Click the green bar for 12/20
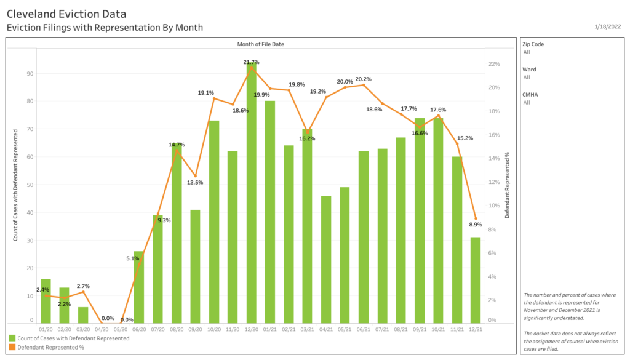(251, 197)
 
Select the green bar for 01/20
(46, 302)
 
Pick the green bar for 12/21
(475, 280)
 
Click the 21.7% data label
(251, 62)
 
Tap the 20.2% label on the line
(363, 79)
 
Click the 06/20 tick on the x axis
(139, 329)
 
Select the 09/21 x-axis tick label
(420, 329)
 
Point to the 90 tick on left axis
(30, 73)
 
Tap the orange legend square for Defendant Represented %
(12, 348)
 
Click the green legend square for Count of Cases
(12, 338)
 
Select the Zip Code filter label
(533, 44)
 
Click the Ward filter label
(528, 70)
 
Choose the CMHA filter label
(530, 95)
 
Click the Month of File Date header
(261, 44)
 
